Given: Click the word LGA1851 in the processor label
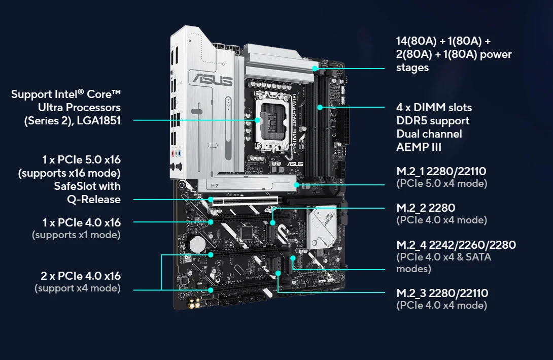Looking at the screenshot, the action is [x=99, y=121].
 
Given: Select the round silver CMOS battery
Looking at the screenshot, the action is [x=197, y=244].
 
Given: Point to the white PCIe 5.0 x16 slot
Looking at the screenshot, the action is [x=246, y=201].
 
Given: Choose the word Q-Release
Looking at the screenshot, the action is [x=94, y=200].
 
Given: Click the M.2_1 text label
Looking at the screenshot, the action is [x=410, y=172].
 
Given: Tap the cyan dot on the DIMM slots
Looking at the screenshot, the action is [x=320, y=107].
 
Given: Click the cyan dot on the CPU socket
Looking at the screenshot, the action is [x=257, y=120].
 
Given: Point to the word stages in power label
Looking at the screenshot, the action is [x=412, y=68].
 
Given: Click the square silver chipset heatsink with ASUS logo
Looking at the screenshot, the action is [x=322, y=227].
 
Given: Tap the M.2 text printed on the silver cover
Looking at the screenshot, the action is [x=215, y=186].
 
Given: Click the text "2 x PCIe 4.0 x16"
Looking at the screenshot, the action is [x=81, y=276].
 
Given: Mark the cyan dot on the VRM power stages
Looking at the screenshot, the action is [x=315, y=69].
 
